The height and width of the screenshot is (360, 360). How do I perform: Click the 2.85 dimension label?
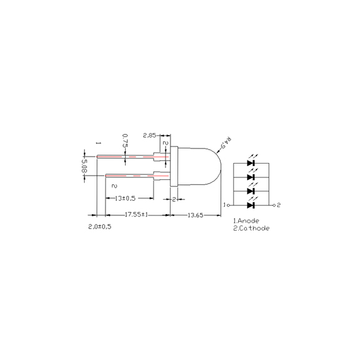150,135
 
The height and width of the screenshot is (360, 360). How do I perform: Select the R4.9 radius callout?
225,145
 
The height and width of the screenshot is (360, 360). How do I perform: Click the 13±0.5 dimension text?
122,198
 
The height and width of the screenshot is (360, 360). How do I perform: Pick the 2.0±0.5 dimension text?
100,225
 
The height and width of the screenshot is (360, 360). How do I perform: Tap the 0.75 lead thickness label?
125,141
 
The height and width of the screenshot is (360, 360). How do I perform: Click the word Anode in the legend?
248,221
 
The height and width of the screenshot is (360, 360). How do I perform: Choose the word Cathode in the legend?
253,228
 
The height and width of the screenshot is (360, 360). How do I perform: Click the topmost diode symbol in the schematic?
251,163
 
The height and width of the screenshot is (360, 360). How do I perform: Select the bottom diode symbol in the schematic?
251,205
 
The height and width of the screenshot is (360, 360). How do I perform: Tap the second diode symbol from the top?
251,177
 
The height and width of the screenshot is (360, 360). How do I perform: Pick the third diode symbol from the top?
251,191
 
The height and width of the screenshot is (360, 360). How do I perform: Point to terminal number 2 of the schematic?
279,205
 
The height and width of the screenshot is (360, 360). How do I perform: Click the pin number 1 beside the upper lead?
99,144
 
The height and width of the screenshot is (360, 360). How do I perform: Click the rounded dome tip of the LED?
219,167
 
